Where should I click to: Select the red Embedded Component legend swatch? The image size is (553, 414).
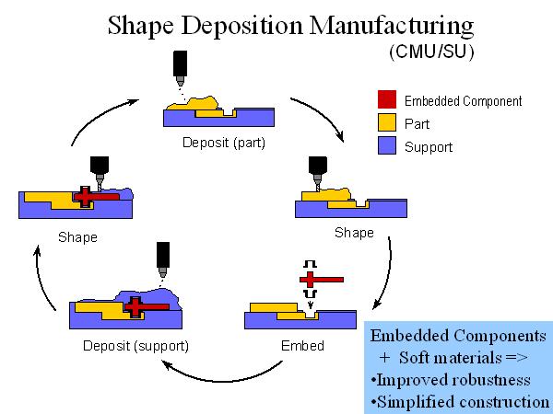(386, 101)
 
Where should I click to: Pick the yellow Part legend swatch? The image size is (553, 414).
(386, 123)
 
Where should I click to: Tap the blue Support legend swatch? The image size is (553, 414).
(386, 145)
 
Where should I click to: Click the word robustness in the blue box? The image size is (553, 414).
(500, 380)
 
